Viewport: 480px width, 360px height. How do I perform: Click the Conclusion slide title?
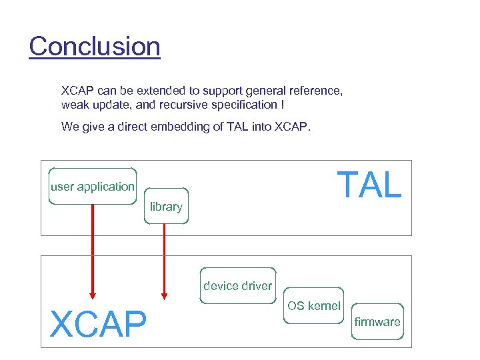pos(95,47)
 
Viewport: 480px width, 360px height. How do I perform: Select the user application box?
pos(93,186)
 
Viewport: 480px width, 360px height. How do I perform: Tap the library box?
pos(166,206)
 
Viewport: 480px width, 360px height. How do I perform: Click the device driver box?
pos(237,286)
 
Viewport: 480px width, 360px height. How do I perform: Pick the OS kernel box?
pos(313,306)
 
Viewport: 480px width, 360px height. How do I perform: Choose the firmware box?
pos(377,322)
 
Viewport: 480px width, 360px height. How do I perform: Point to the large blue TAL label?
pos(369,185)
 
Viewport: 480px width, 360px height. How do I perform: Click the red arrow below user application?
pos(93,247)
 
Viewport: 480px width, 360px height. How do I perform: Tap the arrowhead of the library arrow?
pos(164,294)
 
